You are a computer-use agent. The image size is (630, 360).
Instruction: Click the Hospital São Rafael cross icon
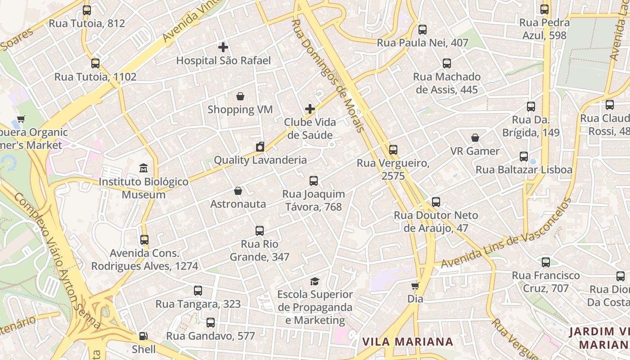coord(223,47)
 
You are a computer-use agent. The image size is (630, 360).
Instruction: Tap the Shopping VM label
coord(240,109)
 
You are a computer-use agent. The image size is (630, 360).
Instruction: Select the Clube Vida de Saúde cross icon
coord(310,109)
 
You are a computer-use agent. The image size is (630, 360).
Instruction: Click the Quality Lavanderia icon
coord(260,147)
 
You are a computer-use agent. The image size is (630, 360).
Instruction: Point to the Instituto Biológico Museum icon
coord(144,168)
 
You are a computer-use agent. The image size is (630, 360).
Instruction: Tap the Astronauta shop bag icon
coord(238,191)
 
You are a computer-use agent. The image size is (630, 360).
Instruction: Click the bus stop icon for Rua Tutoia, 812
coord(87,10)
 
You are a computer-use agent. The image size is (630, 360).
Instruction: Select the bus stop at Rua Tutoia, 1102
coord(95,63)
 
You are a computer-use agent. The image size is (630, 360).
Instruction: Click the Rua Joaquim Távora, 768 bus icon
coord(314,181)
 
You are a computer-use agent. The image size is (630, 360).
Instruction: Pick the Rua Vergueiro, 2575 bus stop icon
coord(393,150)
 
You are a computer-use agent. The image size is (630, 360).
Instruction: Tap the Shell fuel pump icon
coord(143,336)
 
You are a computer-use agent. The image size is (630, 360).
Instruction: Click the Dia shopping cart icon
coord(415,286)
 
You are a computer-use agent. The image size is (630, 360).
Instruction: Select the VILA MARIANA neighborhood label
coord(408,342)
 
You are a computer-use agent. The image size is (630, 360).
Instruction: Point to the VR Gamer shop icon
coord(475,138)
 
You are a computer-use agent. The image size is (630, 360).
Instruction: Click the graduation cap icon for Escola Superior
coord(315,281)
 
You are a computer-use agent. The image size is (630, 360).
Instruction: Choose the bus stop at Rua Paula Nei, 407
coord(422,30)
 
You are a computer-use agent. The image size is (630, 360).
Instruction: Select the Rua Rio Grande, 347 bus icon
coord(260,231)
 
